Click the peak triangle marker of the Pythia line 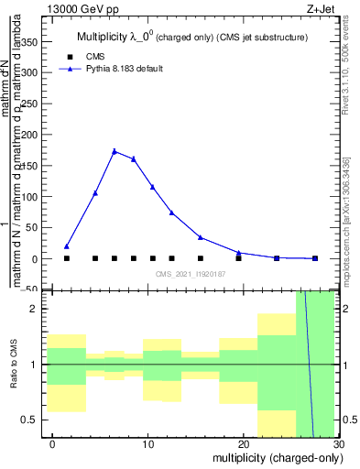coord(115,151)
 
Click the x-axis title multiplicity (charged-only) coord(274,457)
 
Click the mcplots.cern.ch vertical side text coord(345,220)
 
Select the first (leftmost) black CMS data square coord(67,258)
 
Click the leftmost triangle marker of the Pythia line coord(67,245)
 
